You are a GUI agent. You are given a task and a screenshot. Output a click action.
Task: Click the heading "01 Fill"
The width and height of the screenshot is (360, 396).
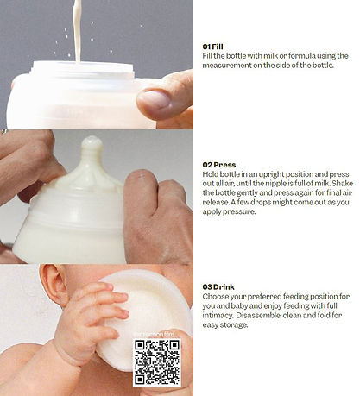(x=212, y=47)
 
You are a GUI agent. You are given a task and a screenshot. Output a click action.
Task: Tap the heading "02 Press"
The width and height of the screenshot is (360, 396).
(x=219, y=165)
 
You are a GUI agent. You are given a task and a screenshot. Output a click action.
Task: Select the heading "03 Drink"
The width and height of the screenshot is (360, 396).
(x=218, y=286)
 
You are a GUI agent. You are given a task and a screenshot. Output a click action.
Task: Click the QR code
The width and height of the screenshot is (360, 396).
(x=157, y=362)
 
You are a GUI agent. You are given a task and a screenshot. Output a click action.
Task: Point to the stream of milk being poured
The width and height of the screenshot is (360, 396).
(x=77, y=30)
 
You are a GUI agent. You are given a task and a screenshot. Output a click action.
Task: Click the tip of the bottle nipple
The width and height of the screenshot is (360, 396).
(x=92, y=140)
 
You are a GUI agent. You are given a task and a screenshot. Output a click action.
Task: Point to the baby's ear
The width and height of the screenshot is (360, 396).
(x=53, y=286)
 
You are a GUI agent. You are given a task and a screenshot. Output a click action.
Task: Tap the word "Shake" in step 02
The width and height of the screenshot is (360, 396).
(x=342, y=183)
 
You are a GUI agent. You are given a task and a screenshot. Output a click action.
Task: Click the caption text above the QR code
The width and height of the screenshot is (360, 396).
(x=155, y=335)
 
